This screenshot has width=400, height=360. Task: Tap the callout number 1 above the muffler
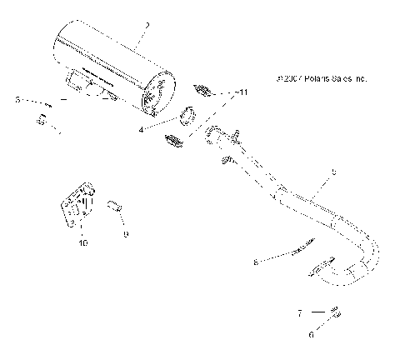click(x=146, y=26)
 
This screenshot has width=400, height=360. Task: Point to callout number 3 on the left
click(x=17, y=101)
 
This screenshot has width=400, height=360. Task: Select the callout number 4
click(x=142, y=129)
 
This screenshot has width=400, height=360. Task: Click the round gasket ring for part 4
click(x=187, y=116)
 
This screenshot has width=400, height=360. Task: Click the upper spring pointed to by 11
click(x=203, y=89)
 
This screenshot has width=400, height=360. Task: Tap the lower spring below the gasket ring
click(x=172, y=141)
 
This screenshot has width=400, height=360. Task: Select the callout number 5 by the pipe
click(x=334, y=172)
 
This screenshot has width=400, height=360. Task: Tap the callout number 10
click(x=82, y=243)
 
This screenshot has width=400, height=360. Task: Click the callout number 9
click(x=126, y=235)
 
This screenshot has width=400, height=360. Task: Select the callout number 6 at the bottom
click(x=311, y=335)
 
